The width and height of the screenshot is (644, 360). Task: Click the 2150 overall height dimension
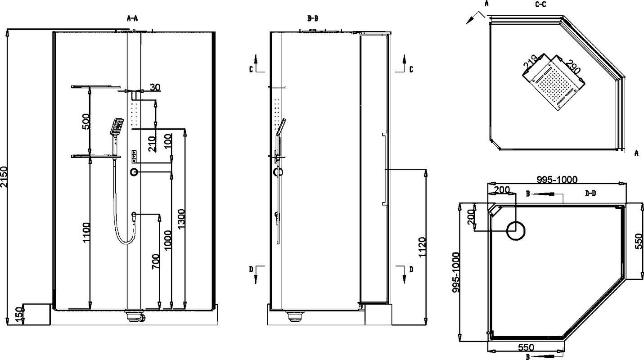(x=4, y=177)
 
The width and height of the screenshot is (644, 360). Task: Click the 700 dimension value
(x=156, y=261)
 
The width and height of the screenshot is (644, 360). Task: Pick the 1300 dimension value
(x=182, y=219)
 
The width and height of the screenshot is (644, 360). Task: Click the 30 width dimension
(x=155, y=87)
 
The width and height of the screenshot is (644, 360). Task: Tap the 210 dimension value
(x=152, y=144)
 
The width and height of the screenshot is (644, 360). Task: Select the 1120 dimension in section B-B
(x=422, y=247)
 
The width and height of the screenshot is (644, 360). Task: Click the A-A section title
(x=132, y=19)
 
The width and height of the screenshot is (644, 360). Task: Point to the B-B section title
(x=312, y=19)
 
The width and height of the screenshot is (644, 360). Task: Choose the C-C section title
(x=540, y=4)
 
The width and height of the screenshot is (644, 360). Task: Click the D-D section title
(x=590, y=193)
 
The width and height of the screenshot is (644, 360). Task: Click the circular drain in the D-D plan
(x=516, y=231)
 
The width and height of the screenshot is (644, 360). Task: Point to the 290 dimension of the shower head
(x=573, y=67)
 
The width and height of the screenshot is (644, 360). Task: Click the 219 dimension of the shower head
(x=531, y=62)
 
